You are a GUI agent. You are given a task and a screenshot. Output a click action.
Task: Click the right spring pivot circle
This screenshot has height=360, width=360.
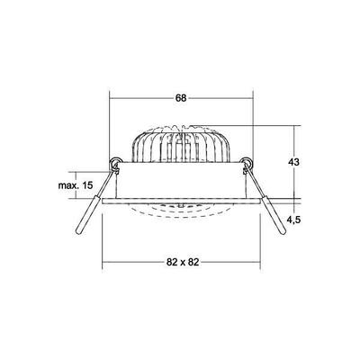pos(247,164)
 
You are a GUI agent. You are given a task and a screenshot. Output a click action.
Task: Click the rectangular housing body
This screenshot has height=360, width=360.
pos(181,184)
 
